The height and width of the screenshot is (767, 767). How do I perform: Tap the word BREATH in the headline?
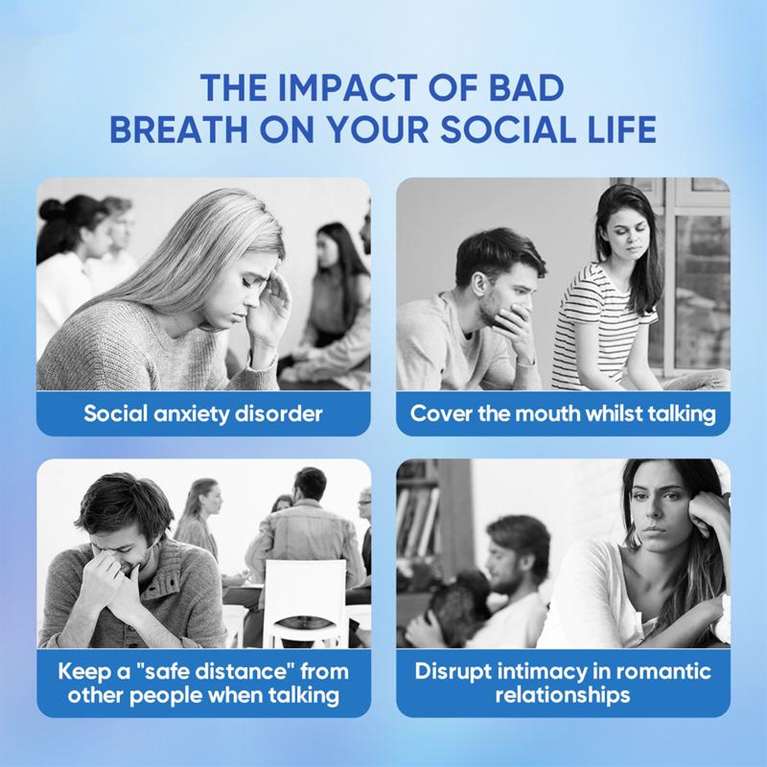[179, 129]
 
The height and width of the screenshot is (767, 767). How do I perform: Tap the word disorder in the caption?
[278, 413]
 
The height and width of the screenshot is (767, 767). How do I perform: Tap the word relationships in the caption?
[562, 695]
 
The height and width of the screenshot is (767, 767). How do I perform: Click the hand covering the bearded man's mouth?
[511, 327]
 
